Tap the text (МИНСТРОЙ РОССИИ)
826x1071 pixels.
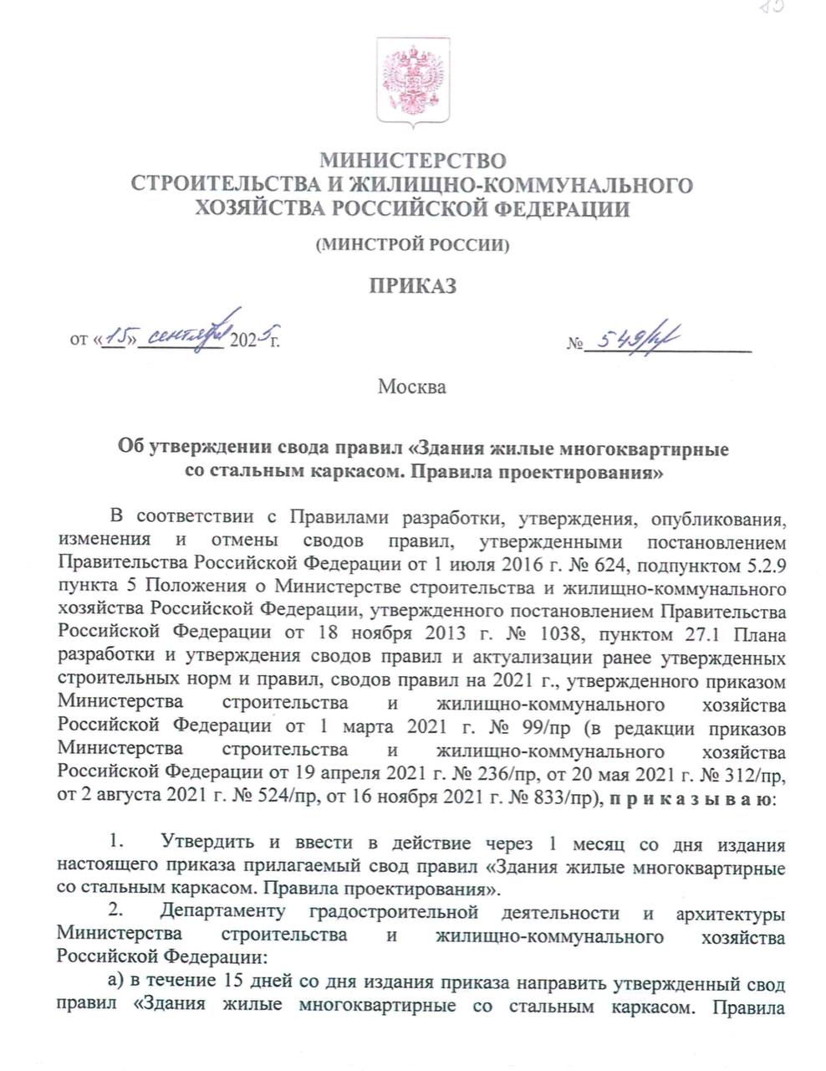pos(413,245)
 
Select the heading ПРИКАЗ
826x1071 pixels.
pos(413,287)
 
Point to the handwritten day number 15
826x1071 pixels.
pos(115,335)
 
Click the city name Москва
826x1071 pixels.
pos(412,387)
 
